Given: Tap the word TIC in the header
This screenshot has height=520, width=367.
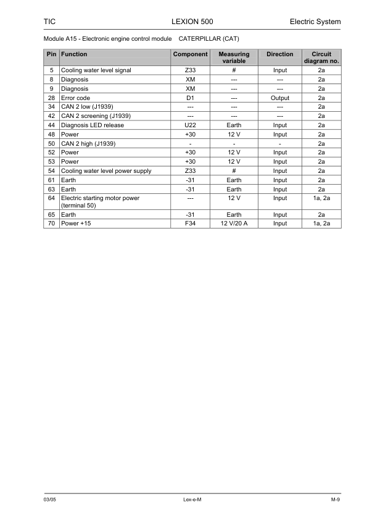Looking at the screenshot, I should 49,22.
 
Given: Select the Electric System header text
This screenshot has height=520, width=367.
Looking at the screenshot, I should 315,22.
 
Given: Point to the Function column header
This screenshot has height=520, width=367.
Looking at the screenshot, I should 74,54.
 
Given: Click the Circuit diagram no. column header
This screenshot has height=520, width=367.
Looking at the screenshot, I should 321,57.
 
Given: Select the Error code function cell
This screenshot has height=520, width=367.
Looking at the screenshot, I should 76,98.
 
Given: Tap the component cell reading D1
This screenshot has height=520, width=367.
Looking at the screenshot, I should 190,98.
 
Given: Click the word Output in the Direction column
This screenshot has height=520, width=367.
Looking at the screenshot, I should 279,98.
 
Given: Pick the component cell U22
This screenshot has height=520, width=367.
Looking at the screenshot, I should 190,125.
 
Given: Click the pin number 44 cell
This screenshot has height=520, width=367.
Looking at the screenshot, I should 52,125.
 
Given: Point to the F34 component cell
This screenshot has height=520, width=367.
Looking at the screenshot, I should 190,224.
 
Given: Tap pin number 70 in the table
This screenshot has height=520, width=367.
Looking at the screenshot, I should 52,224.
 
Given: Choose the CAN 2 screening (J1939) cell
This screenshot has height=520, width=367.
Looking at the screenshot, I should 96,116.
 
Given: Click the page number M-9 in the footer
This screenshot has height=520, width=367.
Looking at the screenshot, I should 335,498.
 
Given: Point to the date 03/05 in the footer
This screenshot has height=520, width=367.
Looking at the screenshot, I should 50,498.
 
